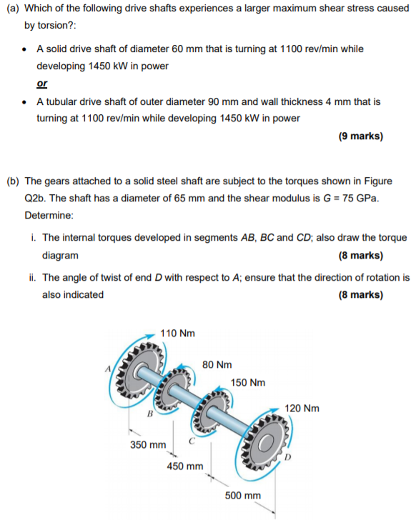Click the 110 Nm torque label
[x=178, y=333]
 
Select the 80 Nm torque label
[x=217, y=364]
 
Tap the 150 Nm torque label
[x=248, y=382]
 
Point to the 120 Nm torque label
[x=302, y=409]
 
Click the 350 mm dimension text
[x=147, y=445]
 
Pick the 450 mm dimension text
[x=184, y=466]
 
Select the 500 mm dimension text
[x=243, y=495]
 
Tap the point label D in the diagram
[x=287, y=455]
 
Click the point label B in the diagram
[x=151, y=414]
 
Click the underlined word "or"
[x=42, y=84]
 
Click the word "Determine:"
[x=48, y=214]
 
